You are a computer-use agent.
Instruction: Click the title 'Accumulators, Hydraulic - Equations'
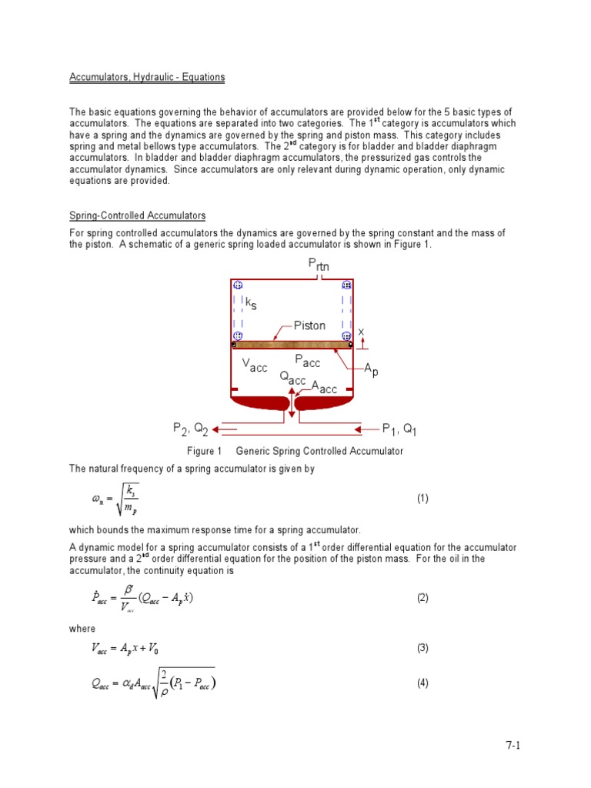pos(147,78)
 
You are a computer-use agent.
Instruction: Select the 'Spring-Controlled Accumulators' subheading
pos(138,216)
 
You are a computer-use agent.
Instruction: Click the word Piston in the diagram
pos(309,326)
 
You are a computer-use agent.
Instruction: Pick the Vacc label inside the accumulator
pos(255,366)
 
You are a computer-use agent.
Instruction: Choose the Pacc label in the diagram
pos(307,361)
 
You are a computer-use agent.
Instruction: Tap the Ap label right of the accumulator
pos(371,371)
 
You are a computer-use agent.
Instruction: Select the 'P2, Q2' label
pos(190,428)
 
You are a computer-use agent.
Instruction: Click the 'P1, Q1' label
pos(399,428)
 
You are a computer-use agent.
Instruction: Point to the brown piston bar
pos(292,345)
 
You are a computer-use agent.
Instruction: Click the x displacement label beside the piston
pos(360,331)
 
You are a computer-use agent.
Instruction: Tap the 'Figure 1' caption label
pos(204,452)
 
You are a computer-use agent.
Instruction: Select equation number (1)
pos(422,498)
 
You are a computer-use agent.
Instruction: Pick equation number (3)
pos(422,648)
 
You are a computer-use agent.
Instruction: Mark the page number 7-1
pos(513,745)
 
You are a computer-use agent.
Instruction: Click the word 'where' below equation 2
pos(82,629)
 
